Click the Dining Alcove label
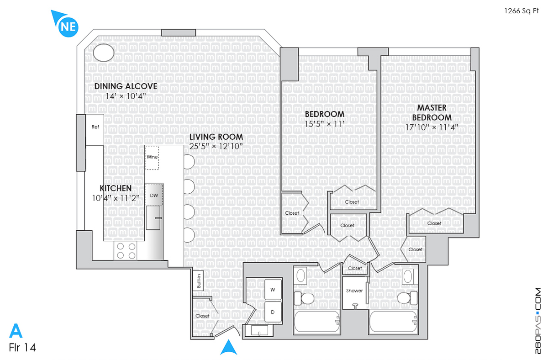[x=126, y=86]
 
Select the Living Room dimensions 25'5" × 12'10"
[x=216, y=147]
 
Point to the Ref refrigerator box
[x=95, y=127]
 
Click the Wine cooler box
[x=152, y=157]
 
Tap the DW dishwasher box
[x=154, y=196]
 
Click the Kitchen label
[x=116, y=188]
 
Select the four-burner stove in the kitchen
[x=126, y=250]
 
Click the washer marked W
[x=273, y=289]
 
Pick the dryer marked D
[x=273, y=312]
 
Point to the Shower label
[x=354, y=291]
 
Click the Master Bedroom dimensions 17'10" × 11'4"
[x=432, y=127]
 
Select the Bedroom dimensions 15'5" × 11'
[x=324, y=123]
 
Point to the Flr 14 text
[x=22, y=347]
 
